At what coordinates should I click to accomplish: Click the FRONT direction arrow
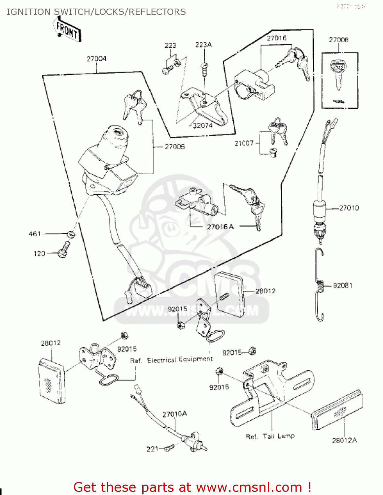point(67,30)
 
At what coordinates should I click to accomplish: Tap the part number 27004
point(96,59)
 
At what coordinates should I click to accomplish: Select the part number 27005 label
point(175,147)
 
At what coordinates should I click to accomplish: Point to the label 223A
point(203,45)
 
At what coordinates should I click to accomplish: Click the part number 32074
point(203,125)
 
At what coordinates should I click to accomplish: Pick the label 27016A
point(220,227)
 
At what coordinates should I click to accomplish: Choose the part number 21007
point(244,143)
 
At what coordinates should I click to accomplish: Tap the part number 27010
point(349,208)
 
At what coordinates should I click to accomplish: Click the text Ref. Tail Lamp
point(270,436)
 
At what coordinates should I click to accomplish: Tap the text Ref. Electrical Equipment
point(171,360)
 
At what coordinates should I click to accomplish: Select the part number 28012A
point(344,440)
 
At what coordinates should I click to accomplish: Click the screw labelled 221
point(169,447)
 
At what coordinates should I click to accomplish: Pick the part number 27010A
point(175,414)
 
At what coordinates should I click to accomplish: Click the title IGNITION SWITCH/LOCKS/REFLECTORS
point(96,12)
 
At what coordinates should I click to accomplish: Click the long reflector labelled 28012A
point(337,410)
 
